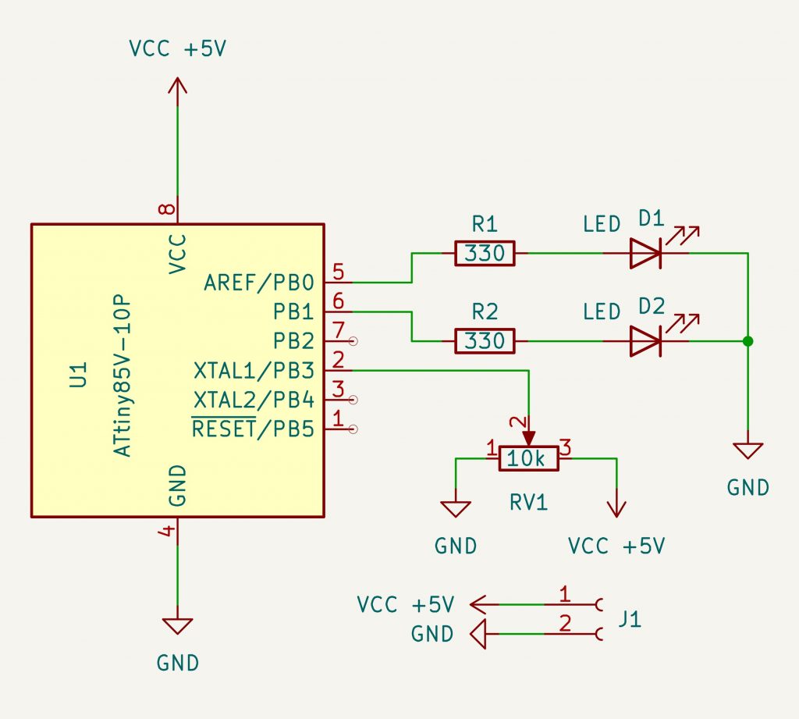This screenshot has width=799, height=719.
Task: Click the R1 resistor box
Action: click(x=484, y=254)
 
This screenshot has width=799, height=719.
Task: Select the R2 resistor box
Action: click(x=484, y=341)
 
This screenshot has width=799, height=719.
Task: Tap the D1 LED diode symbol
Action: click(x=646, y=253)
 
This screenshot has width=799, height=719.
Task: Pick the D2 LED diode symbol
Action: click(x=646, y=340)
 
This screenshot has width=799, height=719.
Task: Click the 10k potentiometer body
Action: click(x=529, y=459)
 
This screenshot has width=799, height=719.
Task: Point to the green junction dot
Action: click(x=748, y=341)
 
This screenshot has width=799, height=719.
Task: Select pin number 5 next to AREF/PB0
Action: click(x=338, y=272)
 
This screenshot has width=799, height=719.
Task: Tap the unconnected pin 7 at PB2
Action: click(x=339, y=331)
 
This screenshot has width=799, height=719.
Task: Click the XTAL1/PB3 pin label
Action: click(x=253, y=370)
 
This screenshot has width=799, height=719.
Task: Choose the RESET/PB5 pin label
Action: click(x=253, y=429)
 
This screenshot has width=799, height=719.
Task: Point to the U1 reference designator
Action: click(x=77, y=375)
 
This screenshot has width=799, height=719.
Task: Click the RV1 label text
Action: click(x=529, y=502)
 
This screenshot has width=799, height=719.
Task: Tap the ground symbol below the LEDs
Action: click(x=748, y=451)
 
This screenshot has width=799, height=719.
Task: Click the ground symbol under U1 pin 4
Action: click(x=178, y=627)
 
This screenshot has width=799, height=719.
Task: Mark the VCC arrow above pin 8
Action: click(x=178, y=87)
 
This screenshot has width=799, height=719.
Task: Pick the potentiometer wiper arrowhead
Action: click(x=529, y=439)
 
